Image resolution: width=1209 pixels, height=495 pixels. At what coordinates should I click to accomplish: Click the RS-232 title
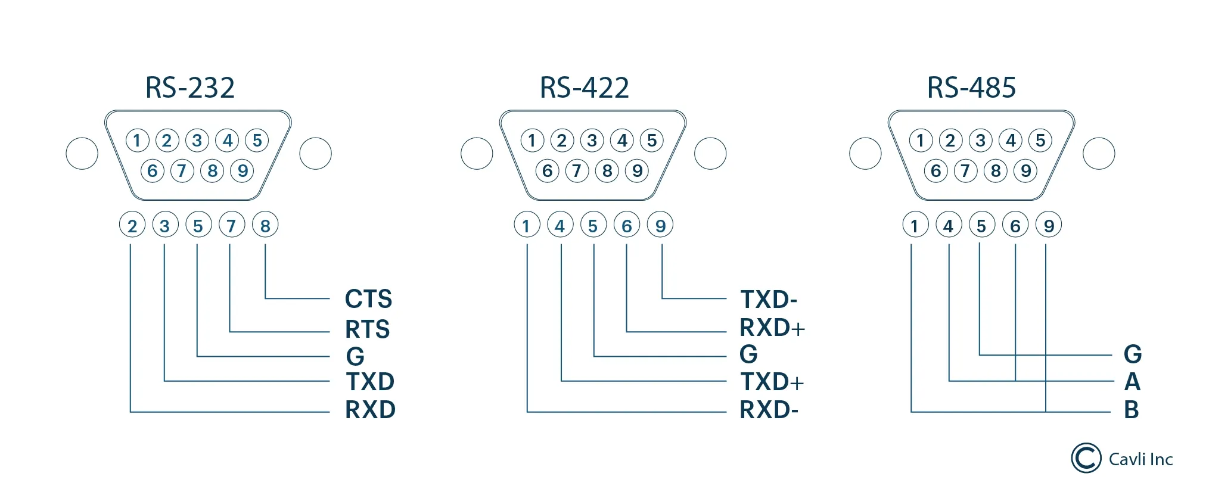coord(190,88)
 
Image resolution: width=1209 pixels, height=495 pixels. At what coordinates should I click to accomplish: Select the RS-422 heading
coord(584,88)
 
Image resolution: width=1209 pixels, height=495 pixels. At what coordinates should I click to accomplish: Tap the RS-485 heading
coord(971,88)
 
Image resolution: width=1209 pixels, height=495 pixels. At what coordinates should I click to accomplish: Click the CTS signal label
coord(368,299)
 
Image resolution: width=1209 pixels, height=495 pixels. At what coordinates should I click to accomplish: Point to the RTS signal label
coord(367,329)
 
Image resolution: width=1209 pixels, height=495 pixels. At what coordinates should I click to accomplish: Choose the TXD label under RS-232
coord(370,382)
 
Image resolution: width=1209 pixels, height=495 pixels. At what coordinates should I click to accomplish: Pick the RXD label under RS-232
coord(370,410)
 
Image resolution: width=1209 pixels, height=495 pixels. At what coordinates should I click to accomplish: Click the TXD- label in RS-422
coord(769,300)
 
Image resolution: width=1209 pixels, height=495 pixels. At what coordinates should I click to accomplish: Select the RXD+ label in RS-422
coord(772,328)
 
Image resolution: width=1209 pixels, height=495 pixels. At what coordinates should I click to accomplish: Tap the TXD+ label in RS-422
coord(772,382)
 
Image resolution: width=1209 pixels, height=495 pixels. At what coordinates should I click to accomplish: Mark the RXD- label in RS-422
coord(769,410)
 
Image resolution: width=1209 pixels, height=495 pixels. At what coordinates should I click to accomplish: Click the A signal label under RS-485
coord(1132,382)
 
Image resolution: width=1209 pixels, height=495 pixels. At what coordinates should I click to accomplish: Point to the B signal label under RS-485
coord(1132,410)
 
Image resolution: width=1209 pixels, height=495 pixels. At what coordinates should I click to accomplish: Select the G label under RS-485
coord(1133,354)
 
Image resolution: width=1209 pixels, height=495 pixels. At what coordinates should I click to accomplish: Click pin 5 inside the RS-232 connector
coord(257,141)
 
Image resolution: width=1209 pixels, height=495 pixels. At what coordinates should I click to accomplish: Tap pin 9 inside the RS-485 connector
coord(1025,171)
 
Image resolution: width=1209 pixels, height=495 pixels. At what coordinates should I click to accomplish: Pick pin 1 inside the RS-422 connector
coord(532,141)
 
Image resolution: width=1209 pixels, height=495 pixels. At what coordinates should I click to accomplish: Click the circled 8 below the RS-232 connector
coord(265,225)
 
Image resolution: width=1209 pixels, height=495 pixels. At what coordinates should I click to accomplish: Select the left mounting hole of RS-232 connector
coord(82,154)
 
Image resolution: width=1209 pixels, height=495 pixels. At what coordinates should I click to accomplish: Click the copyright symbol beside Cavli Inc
coord(1086,459)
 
